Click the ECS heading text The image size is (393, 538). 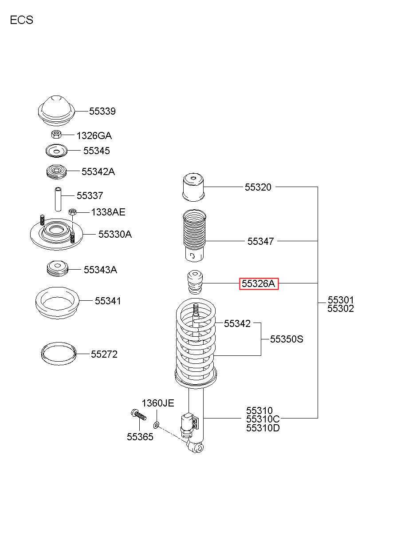click(x=22, y=20)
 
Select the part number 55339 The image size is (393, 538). click(x=102, y=111)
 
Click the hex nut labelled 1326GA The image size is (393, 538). click(x=56, y=134)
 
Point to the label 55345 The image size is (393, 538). click(x=96, y=151)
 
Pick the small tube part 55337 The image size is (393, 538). click(x=58, y=199)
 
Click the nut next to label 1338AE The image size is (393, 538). click(x=72, y=212)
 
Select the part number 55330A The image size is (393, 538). click(x=115, y=234)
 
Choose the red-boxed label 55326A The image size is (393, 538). click(x=259, y=283)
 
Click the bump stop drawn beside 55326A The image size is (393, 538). click(x=195, y=283)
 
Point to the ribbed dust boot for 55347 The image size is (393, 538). click(x=194, y=236)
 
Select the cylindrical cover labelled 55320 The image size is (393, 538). click(x=193, y=187)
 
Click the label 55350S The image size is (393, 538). click(x=287, y=339)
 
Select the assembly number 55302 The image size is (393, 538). click(x=341, y=308)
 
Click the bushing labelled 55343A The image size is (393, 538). click(x=57, y=269)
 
